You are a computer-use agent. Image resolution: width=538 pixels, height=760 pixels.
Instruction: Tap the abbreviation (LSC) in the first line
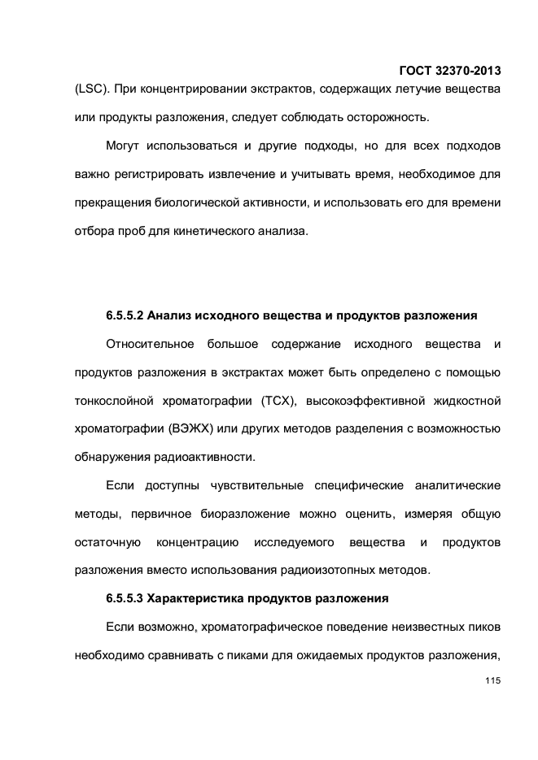click(x=91, y=87)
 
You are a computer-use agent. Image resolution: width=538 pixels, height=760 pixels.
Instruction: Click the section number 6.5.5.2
click(x=125, y=315)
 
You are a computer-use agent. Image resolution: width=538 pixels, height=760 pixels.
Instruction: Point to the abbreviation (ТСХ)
click(x=280, y=401)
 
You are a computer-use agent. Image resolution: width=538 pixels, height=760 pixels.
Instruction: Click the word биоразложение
click(x=240, y=515)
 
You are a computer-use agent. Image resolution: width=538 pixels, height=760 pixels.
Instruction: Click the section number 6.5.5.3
click(x=125, y=599)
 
